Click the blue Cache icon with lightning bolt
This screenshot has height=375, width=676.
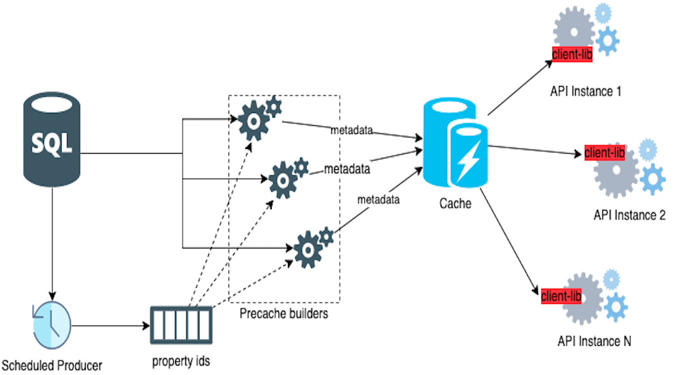[x=454, y=146]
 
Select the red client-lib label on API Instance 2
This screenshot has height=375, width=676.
[x=604, y=152]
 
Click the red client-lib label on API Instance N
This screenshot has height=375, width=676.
[x=561, y=296]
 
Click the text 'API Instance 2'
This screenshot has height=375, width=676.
[x=629, y=215]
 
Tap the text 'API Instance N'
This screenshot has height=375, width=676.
[x=594, y=342]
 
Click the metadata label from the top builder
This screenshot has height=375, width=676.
[x=352, y=129]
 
